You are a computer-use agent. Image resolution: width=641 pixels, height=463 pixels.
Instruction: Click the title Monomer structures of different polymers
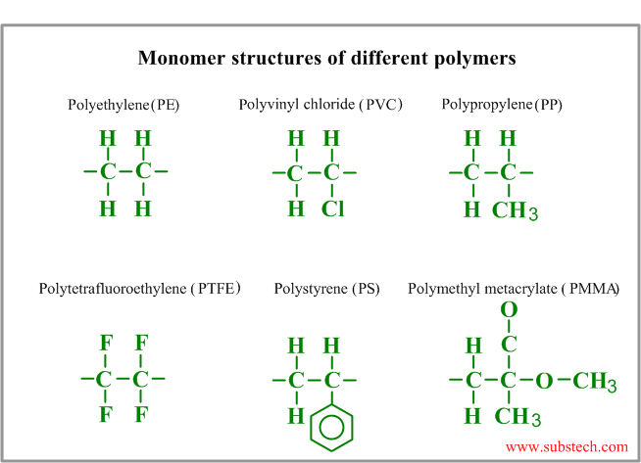point(326,58)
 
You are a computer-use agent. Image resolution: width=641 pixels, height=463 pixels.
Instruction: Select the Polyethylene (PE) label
point(123,105)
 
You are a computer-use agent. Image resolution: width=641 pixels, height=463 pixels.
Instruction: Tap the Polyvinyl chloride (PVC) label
point(320,105)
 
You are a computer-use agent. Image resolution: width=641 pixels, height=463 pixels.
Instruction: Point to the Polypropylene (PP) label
point(502,105)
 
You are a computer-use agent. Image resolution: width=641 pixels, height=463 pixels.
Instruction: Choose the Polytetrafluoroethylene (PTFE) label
point(139,289)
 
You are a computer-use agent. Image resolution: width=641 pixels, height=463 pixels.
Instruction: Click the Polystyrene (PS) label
point(326,289)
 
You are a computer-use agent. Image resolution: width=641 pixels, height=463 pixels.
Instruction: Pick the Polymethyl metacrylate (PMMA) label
point(514,289)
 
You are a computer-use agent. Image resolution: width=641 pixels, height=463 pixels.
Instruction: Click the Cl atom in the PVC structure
point(333,209)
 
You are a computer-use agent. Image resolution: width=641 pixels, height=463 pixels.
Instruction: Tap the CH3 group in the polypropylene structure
point(515,210)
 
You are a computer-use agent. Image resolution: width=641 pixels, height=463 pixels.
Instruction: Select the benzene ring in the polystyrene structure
point(331,428)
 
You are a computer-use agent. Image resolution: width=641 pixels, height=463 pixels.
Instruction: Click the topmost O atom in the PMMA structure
point(509,309)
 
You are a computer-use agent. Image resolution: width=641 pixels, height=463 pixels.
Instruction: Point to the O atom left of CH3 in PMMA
point(544,381)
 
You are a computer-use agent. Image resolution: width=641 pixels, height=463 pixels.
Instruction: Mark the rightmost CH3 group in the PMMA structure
point(594,382)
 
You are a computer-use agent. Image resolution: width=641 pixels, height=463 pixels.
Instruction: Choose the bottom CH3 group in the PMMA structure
point(518,417)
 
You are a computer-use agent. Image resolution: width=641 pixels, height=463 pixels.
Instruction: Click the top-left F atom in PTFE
point(106,343)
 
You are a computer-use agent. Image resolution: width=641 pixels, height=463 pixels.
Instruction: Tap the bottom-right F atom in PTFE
point(141,414)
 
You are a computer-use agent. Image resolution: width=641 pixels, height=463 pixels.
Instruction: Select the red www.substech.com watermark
point(567,447)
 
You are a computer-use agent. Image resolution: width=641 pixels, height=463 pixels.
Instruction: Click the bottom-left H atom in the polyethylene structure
point(108,208)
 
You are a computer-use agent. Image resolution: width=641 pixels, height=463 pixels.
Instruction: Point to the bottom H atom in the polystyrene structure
point(296,416)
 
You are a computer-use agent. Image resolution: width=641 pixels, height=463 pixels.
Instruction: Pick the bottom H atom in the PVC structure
point(296,208)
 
